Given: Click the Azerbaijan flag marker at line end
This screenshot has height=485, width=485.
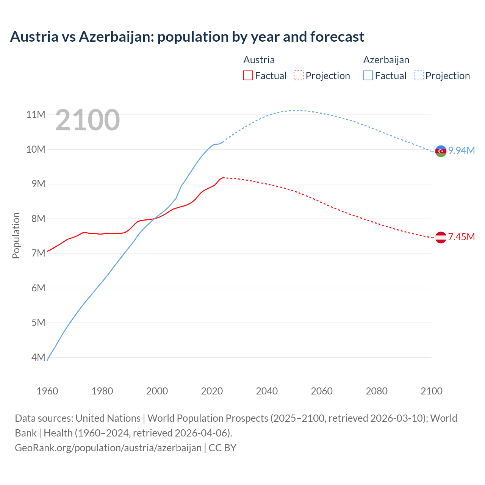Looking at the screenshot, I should pyautogui.click(x=441, y=151).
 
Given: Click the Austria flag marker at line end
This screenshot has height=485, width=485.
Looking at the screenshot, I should pyautogui.click(x=441, y=238).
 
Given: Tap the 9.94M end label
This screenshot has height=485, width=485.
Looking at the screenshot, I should pyautogui.click(x=462, y=151).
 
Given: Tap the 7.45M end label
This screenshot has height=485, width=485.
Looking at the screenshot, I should pyautogui.click(x=462, y=237).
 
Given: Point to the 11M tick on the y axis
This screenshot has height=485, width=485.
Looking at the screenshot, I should pyautogui.click(x=36, y=114).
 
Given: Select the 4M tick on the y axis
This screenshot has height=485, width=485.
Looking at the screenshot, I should pyautogui.click(x=38, y=357).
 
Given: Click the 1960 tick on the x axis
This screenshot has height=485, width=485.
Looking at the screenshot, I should pyautogui.click(x=47, y=391).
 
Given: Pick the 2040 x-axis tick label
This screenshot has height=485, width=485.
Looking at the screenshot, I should pyautogui.click(x=267, y=391).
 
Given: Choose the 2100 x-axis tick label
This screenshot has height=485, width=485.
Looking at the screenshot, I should pyautogui.click(x=431, y=391).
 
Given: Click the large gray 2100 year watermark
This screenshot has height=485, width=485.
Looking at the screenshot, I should pyautogui.click(x=88, y=120).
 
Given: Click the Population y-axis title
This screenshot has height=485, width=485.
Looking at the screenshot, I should pyautogui.click(x=16, y=235).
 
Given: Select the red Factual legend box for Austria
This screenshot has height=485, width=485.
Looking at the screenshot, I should pyautogui.click(x=248, y=76).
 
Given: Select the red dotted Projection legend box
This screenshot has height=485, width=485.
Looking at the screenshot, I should pyautogui.click(x=299, y=76).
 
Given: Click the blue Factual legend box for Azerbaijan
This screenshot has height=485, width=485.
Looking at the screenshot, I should pyautogui.click(x=368, y=76).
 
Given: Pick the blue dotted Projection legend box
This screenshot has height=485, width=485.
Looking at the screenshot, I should pyautogui.click(x=418, y=76).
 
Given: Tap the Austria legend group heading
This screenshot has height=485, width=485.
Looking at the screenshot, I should pyautogui.click(x=259, y=60).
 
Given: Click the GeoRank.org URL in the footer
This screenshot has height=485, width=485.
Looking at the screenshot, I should pyautogui.click(x=108, y=448).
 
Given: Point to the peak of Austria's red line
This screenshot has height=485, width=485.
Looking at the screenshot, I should pyautogui.click(x=223, y=177).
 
